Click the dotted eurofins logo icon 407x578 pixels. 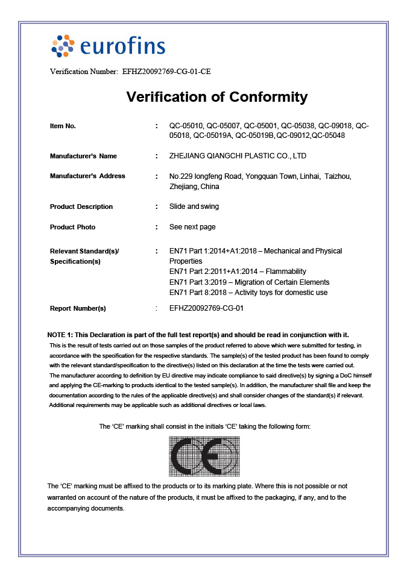[63, 46]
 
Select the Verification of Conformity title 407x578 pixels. [217, 97]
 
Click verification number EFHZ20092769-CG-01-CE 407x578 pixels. [166, 72]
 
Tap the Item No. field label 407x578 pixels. [63, 126]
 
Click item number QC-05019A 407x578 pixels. [212, 135]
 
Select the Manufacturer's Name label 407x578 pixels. [83, 156]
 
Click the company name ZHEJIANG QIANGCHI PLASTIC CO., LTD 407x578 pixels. [238, 156]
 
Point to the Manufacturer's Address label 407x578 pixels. [87, 176]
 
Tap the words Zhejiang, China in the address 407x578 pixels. [195, 187]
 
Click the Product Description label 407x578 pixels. [81, 207]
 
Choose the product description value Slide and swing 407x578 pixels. [195, 207]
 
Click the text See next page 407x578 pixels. [193, 227]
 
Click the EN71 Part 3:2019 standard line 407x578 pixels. [250, 282]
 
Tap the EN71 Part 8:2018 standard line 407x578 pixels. [249, 293]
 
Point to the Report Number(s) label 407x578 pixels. [78, 308]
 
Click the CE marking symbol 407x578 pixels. [204, 456]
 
